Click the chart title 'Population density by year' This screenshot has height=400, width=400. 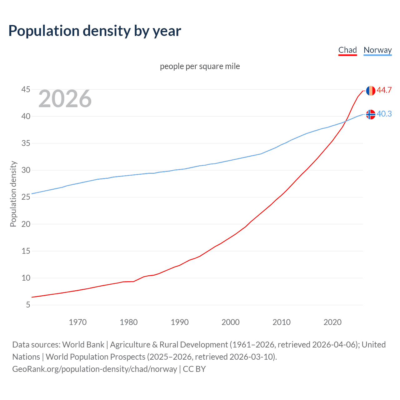(95, 31)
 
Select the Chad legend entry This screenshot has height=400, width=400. (347, 50)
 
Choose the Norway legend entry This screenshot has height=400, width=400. (377, 50)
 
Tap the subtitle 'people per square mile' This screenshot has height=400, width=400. (200, 66)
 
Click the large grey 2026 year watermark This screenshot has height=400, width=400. (65, 99)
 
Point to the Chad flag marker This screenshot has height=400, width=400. (371, 91)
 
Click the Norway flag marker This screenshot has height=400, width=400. (371, 114)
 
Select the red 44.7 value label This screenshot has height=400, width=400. (384, 90)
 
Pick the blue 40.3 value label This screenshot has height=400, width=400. (384, 114)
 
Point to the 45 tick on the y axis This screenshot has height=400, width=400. (26, 90)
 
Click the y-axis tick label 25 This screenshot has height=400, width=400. (26, 197)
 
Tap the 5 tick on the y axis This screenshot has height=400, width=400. (28, 305)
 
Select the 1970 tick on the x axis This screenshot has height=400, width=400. (77, 322)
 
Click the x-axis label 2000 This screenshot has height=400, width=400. (231, 322)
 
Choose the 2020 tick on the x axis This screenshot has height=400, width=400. (332, 322)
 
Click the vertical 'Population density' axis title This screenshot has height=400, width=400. (13, 194)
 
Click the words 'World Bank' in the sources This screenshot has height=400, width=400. (83, 345)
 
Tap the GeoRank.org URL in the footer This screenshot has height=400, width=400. (95, 369)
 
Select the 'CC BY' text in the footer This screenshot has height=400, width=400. (194, 369)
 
